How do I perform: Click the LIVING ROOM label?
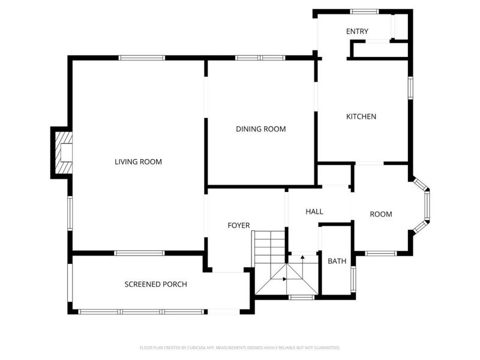click(x=139, y=161)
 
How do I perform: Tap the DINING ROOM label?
click(x=260, y=129)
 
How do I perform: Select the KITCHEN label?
click(x=361, y=116)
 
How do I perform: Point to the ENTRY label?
click(x=357, y=31)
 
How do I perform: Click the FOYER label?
click(x=238, y=225)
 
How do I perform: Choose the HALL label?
click(x=314, y=212)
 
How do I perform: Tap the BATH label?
click(x=337, y=261)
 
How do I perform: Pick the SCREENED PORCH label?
click(x=155, y=284)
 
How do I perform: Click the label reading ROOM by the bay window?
click(x=380, y=214)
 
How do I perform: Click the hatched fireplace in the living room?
click(x=64, y=153)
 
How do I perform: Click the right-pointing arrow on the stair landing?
click(x=284, y=279)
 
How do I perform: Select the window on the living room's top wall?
click(x=142, y=58)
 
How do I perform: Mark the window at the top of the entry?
click(x=364, y=11)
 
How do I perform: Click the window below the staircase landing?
click(x=301, y=297)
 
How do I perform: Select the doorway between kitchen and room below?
click(x=369, y=163)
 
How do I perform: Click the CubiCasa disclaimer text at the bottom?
click(x=240, y=347)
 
